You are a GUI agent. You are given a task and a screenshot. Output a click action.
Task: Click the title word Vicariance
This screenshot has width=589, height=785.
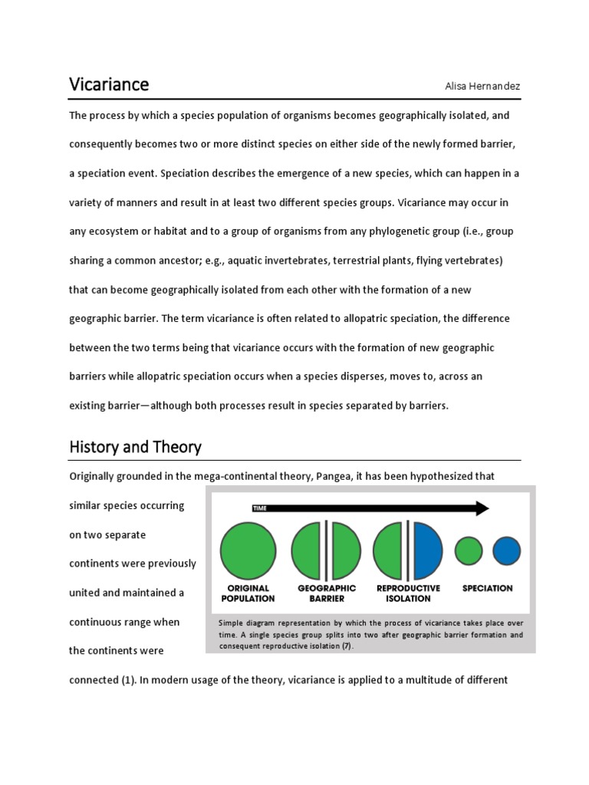[109, 84]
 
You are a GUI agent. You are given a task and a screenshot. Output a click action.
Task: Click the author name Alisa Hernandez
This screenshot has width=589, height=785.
[482, 86]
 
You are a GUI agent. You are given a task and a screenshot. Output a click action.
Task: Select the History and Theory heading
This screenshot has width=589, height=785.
[135, 446]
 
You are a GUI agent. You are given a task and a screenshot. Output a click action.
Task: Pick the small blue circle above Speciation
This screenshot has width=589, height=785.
[506, 550]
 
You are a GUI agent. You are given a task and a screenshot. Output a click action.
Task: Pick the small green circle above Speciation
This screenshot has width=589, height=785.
[469, 550]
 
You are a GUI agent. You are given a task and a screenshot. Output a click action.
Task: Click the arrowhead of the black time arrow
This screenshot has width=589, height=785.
[482, 507]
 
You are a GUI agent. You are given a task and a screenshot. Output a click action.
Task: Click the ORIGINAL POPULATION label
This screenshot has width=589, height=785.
[248, 593]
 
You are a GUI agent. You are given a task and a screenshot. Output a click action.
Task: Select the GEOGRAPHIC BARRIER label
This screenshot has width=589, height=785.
[327, 593]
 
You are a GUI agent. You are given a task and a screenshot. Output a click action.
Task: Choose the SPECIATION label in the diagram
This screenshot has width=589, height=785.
[488, 588]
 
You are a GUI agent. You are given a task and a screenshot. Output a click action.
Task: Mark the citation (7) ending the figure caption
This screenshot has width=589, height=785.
[347, 646]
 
